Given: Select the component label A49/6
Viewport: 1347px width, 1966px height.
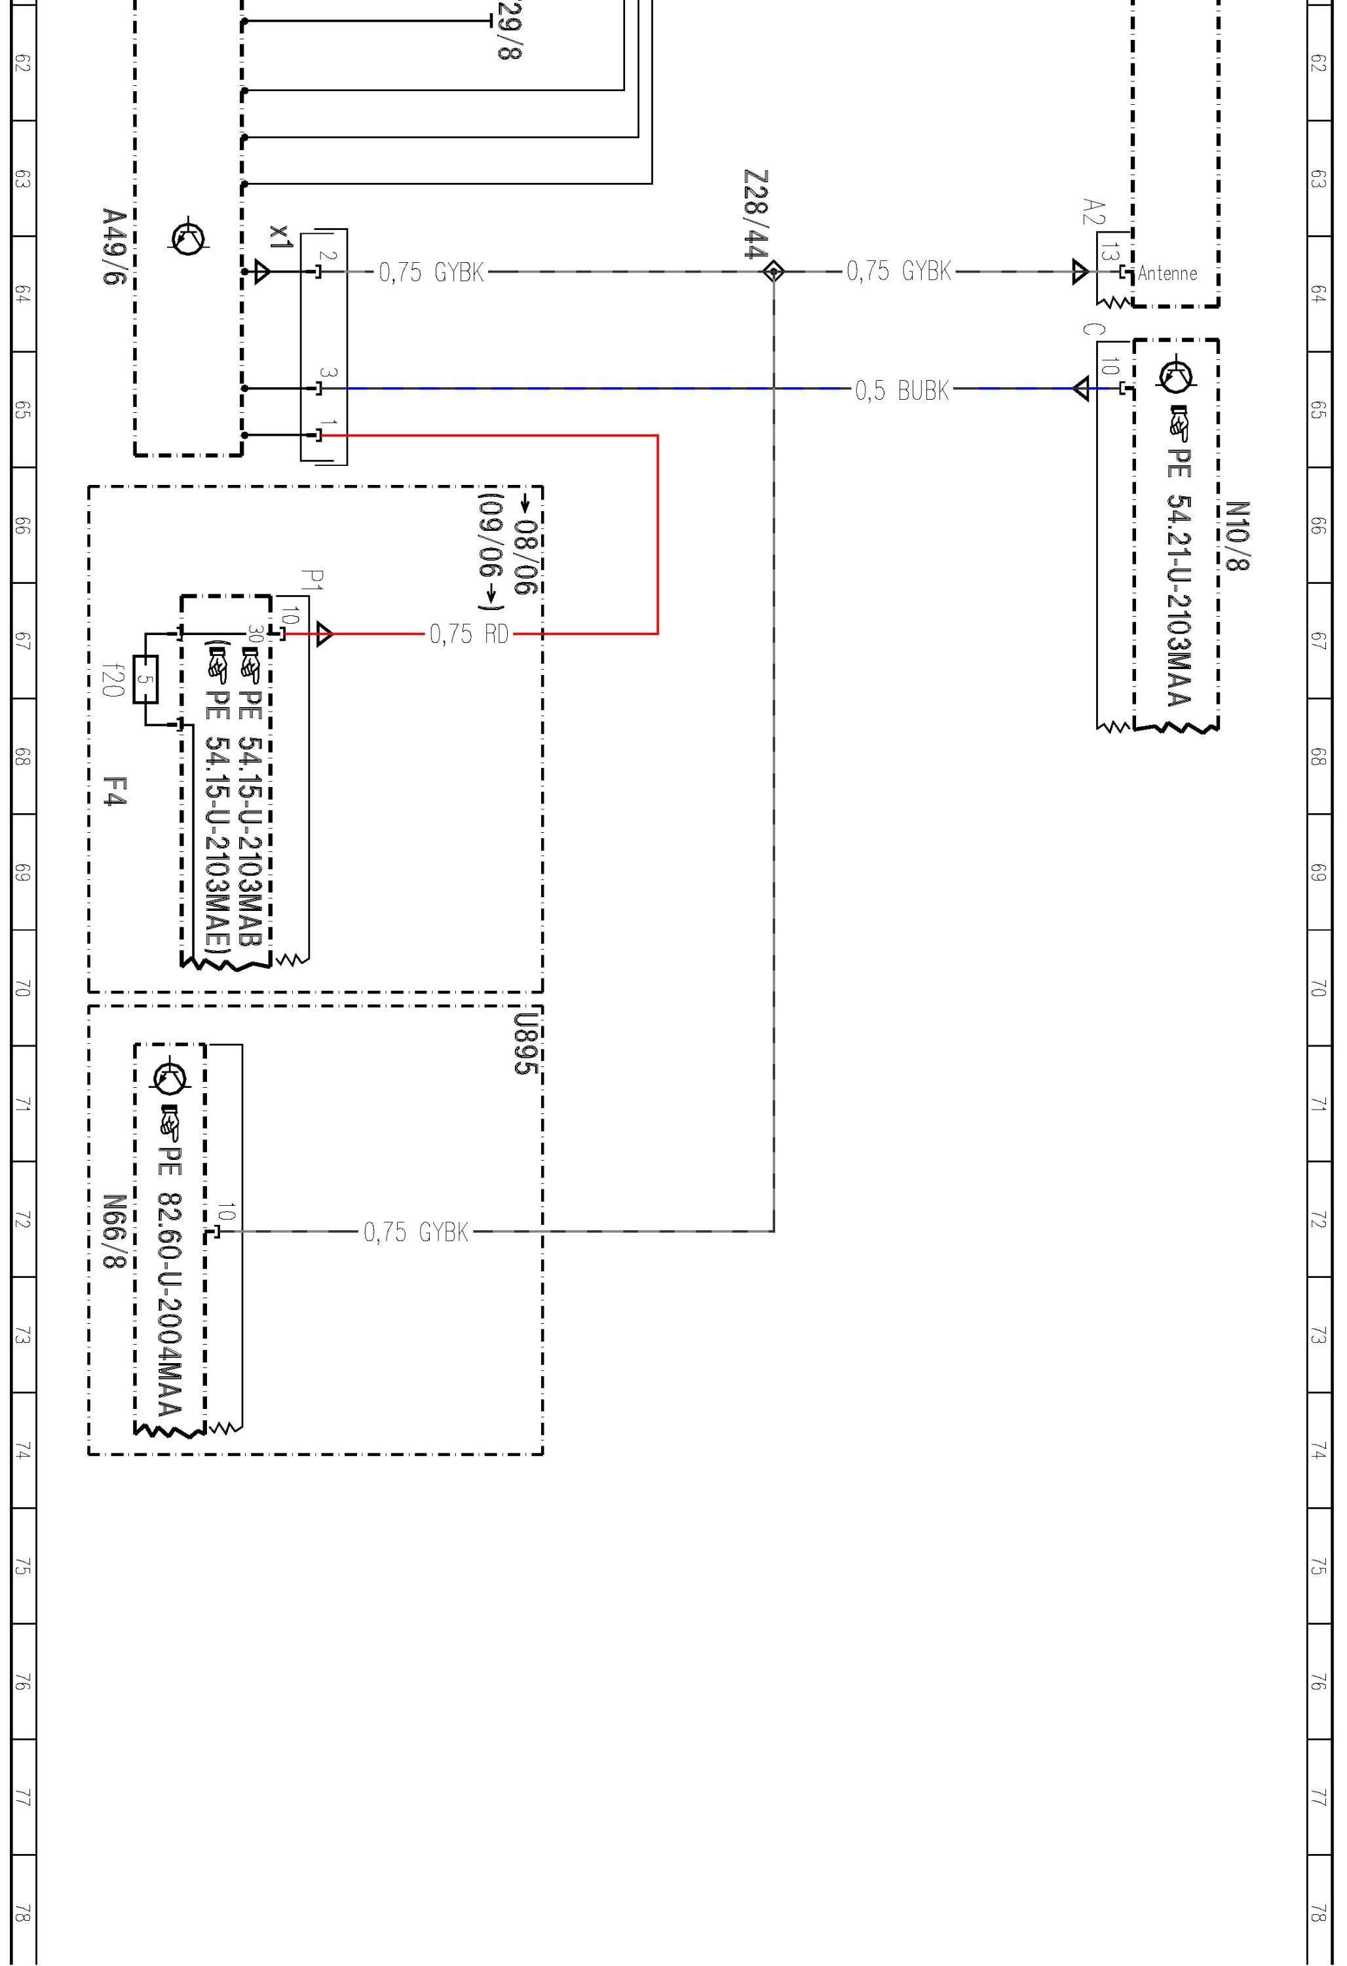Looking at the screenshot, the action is click(x=113, y=247).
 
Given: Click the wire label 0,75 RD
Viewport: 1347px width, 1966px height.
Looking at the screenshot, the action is click(x=469, y=634).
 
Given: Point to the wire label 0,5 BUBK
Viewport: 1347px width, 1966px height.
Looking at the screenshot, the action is click(x=901, y=390).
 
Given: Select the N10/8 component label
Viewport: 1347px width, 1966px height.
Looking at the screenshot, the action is click(x=1236, y=535).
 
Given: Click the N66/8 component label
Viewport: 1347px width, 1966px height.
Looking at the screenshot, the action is click(x=113, y=1232).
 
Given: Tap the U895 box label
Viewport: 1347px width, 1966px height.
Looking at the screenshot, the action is click(x=526, y=1044).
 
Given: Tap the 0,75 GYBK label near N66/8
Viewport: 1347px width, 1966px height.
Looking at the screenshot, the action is click(x=416, y=1232).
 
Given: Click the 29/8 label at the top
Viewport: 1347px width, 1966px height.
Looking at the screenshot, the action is click(x=510, y=30).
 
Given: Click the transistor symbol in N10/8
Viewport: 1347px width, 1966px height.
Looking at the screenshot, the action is click(x=1175, y=376).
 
